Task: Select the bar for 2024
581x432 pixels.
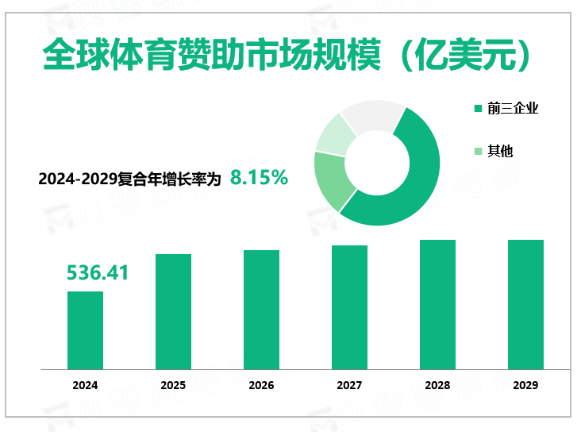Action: pyautogui.click(x=85, y=330)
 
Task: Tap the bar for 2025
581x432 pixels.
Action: pyautogui.click(x=173, y=311)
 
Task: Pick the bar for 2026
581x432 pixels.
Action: pyautogui.click(x=261, y=310)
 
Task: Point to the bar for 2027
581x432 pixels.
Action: pyautogui.click(x=349, y=307)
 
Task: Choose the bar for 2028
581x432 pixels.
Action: pyautogui.click(x=437, y=304)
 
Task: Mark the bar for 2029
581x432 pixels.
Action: pyautogui.click(x=525, y=304)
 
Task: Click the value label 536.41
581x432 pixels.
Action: pyautogui.click(x=98, y=273)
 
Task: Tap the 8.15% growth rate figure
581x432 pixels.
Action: pyautogui.click(x=259, y=178)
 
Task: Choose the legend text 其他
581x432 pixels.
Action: pyautogui.click(x=500, y=151)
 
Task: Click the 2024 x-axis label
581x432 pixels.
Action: pyautogui.click(x=85, y=385)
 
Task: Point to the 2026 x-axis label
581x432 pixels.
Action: pyautogui.click(x=261, y=385)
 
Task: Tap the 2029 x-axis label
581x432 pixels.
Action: pyautogui.click(x=525, y=385)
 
